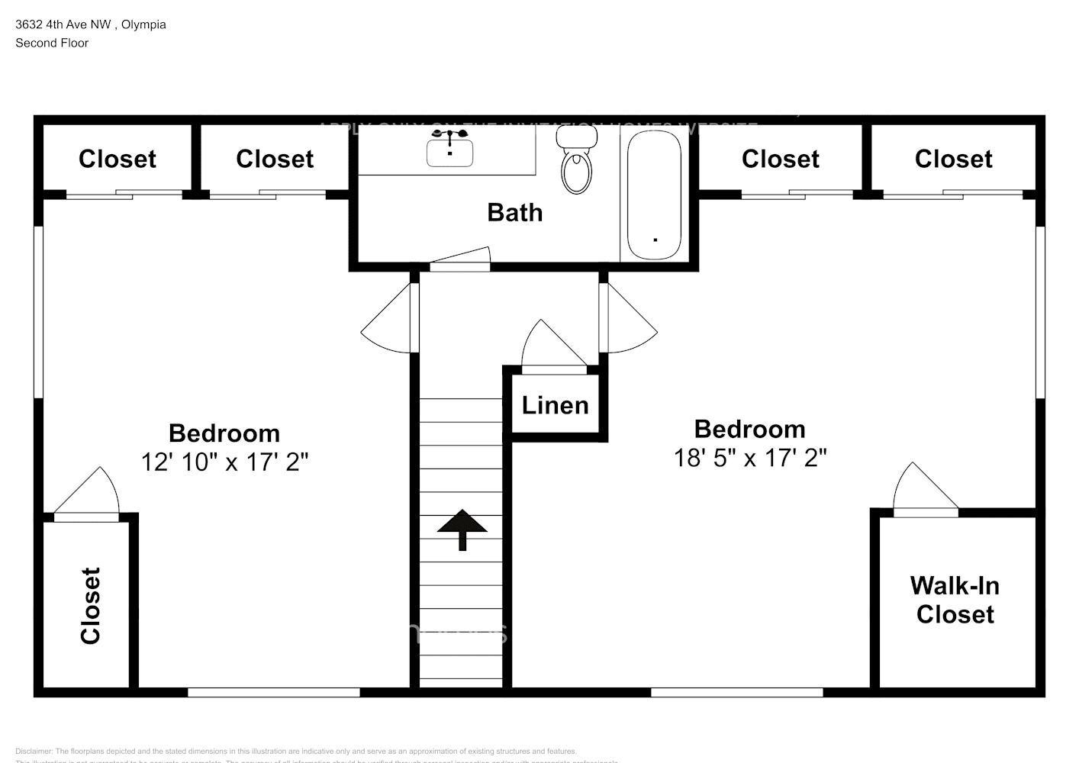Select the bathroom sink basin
point(449,153)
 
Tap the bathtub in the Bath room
point(654,195)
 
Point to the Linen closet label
point(555,405)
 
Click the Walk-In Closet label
point(955,600)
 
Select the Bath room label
point(514,212)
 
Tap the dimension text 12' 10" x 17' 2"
point(224,462)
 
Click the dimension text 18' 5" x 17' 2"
point(749,458)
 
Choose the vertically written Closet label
point(91,605)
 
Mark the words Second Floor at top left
point(52,43)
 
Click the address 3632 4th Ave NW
point(63,24)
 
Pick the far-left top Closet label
point(117,159)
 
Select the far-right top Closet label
point(953,159)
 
